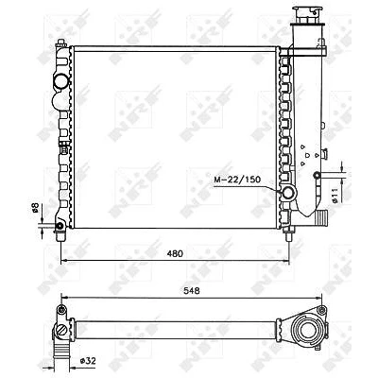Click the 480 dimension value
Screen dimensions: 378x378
(175, 253)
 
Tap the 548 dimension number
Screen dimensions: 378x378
(192, 291)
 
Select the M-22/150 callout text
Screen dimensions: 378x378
(237, 180)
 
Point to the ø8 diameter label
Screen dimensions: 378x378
(35, 207)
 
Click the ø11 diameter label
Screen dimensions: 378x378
(335, 196)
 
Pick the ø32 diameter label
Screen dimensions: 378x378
(87, 360)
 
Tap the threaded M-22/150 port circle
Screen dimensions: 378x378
(288, 193)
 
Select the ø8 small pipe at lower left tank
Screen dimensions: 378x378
(60, 226)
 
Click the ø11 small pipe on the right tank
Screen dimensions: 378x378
(317, 175)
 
